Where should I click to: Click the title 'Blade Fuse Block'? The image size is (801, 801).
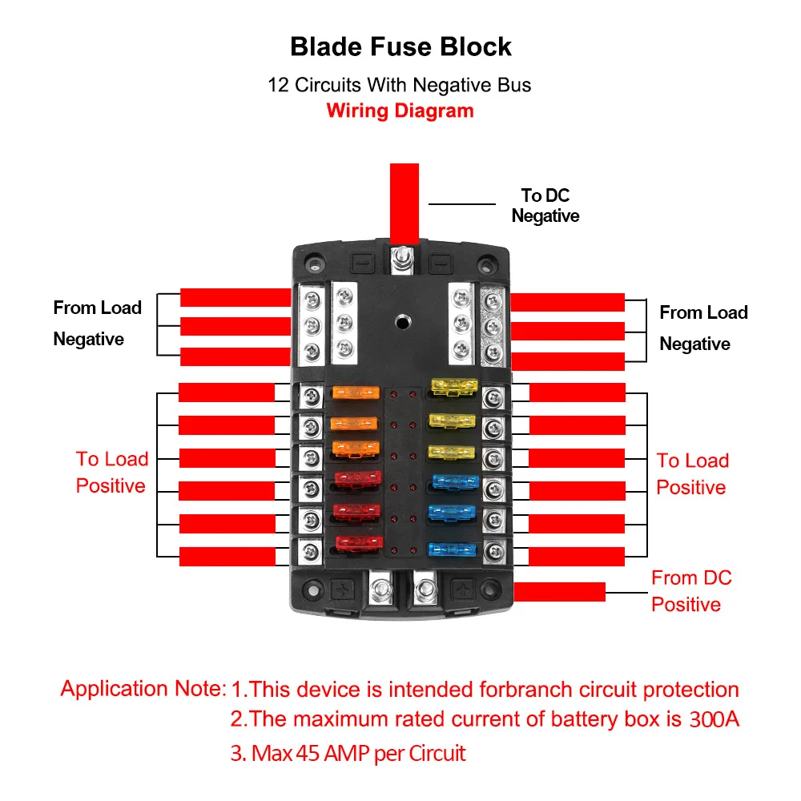[400, 47]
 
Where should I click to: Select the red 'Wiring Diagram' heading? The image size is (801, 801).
[400, 111]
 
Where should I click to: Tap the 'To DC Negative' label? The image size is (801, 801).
[545, 205]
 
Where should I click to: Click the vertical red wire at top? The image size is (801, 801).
[404, 203]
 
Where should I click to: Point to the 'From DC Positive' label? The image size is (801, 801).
[691, 591]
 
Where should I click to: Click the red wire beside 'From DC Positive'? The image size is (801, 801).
[559, 592]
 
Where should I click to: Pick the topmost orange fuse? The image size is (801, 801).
[356, 392]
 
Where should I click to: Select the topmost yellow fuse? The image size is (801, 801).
[454, 387]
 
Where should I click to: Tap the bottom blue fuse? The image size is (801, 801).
[452, 549]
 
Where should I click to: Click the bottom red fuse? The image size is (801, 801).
[359, 542]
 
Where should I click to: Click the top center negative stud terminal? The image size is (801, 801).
[403, 260]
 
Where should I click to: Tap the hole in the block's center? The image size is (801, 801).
[403, 322]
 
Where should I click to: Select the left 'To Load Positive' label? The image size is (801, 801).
[112, 473]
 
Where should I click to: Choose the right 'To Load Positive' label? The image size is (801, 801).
[692, 474]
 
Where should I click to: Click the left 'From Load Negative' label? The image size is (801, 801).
[97, 324]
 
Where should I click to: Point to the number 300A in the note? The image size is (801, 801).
[714, 719]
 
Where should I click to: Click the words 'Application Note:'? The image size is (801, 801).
[143, 689]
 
